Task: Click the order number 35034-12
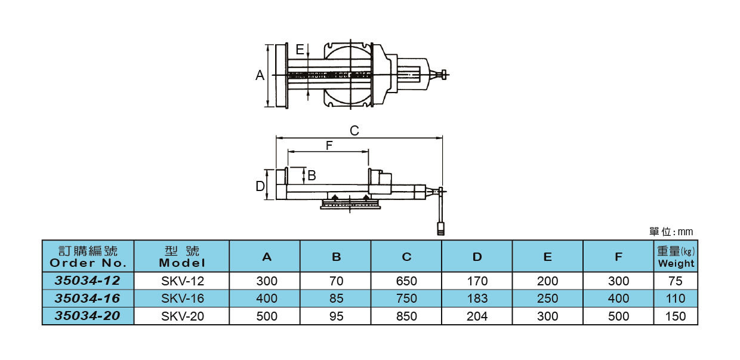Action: point(88,281)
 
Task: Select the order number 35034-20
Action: point(88,316)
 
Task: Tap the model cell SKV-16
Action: point(182,299)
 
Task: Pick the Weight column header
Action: point(676,257)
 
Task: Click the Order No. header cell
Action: point(88,257)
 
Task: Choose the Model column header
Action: point(182,257)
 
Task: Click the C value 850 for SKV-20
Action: point(406,316)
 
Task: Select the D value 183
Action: point(477,299)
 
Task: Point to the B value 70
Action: point(337,281)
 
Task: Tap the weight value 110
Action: point(676,299)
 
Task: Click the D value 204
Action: point(477,316)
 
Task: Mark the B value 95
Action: point(337,316)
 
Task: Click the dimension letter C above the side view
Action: point(354,131)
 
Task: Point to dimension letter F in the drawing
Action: point(329,145)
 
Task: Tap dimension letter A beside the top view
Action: point(260,75)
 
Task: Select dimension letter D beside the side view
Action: point(260,186)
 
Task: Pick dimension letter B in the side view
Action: point(312,176)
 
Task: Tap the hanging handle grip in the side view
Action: point(441,229)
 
